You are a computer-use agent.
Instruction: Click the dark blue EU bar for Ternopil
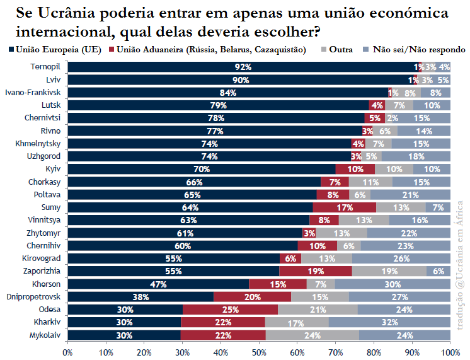pyautogui.click(x=243, y=67)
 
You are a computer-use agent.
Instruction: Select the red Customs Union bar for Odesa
pyautogui.click(x=230, y=310)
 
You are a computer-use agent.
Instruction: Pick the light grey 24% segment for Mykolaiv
pyautogui.click(x=312, y=335)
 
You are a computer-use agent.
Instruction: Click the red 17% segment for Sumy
pyautogui.click(x=345, y=207)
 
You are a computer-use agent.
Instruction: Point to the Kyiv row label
pyautogui.click(x=53, y=169)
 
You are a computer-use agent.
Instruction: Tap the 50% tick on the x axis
pyautogui.click(x=259, y=351)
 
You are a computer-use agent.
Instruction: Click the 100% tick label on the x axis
pyautogui.click(x=450, y=351)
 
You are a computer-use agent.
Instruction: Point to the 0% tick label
pyautogui.click(x=67, y=351)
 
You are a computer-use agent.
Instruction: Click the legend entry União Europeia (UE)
pyautogui.click(x=55, y=49)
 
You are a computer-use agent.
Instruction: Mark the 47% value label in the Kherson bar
pyautogui.click(x=158, y=284)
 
